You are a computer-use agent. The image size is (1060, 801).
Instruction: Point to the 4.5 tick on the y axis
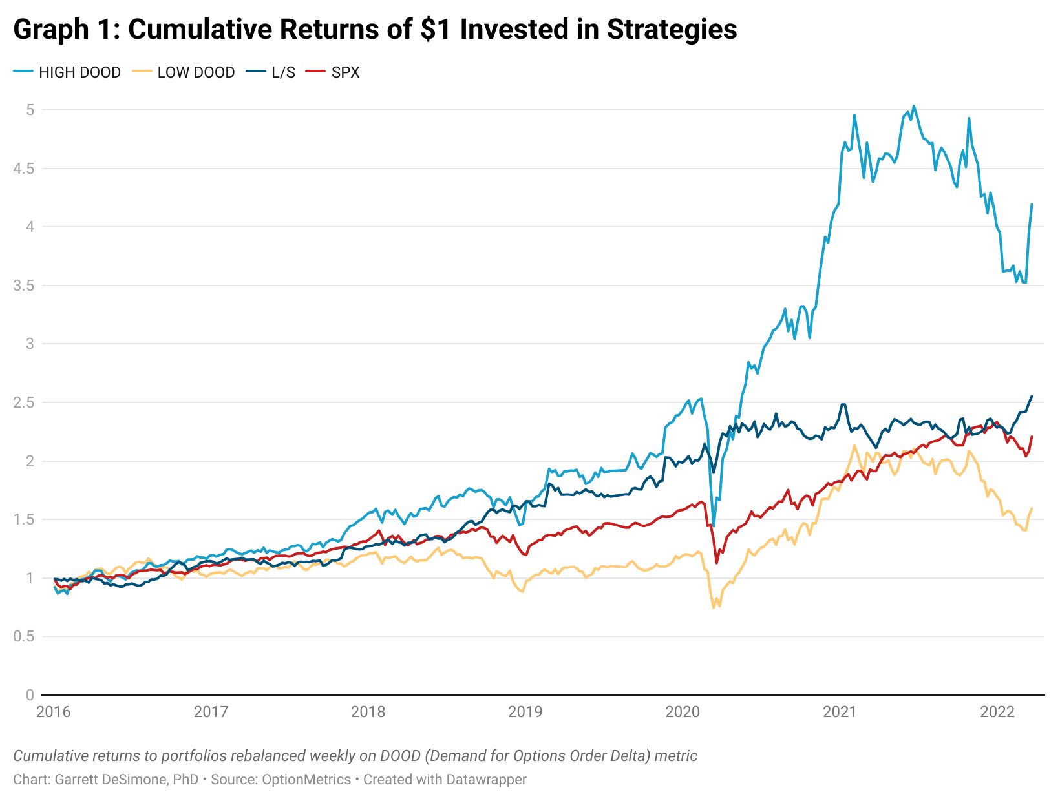25,169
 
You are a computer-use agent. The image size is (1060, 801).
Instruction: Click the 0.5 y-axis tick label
25,636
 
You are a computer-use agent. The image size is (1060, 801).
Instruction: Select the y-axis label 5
30,110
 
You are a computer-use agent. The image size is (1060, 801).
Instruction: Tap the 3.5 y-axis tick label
25,286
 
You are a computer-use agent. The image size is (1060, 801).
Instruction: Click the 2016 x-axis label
54,712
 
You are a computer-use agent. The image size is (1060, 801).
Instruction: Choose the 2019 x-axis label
525,712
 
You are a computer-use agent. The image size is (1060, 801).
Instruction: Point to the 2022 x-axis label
997,712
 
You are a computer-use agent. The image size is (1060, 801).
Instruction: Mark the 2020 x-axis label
683,712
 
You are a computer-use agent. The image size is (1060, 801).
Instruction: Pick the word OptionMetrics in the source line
306,780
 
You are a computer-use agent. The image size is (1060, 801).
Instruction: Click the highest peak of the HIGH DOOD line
913,106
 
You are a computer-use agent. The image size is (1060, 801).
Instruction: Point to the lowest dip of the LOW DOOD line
714,608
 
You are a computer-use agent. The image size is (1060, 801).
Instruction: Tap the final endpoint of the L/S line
1032,397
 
